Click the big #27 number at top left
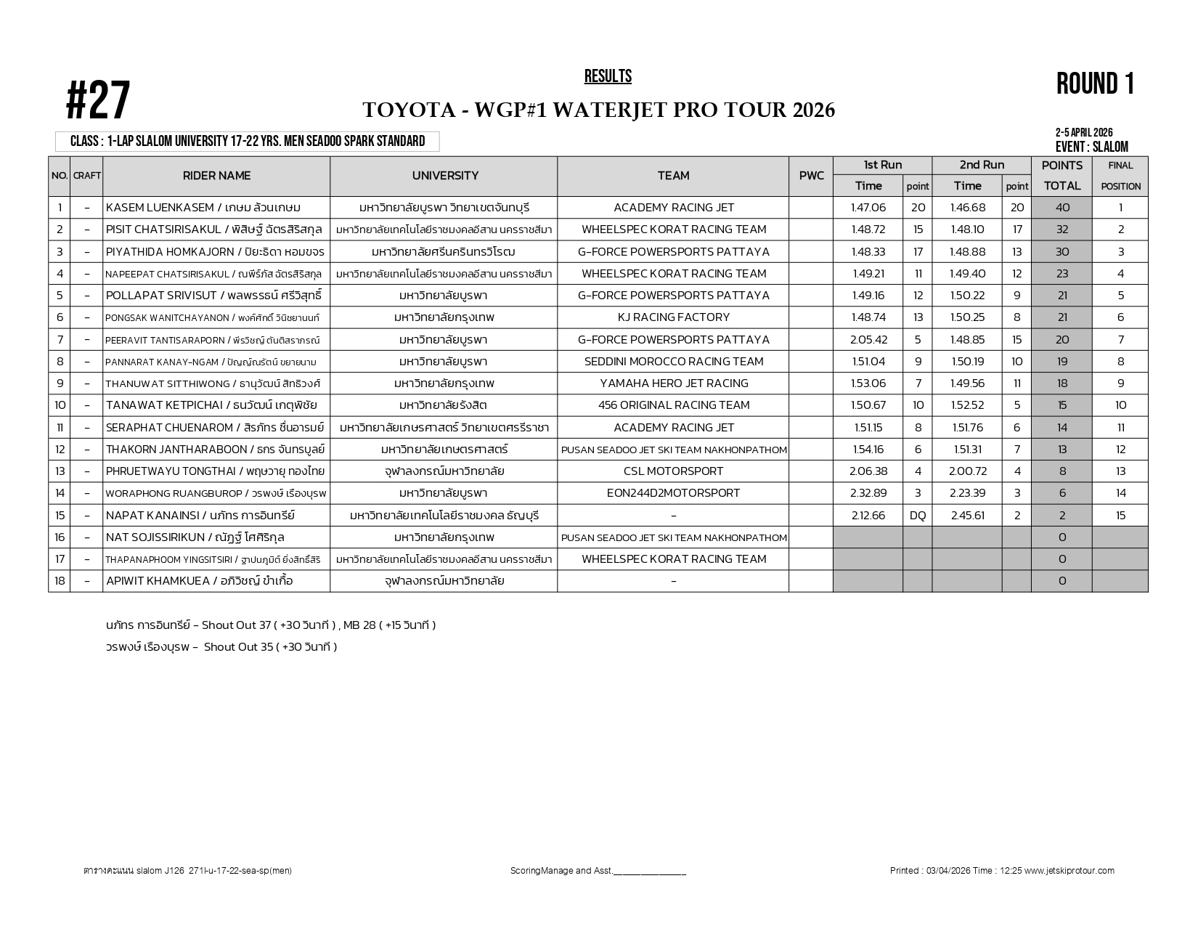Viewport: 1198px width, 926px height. tap(98, 102)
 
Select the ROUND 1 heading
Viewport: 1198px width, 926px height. tap(1095, 84)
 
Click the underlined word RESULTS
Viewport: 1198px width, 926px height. tap(608, 77)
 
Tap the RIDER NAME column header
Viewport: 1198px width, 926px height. tap(216, 176)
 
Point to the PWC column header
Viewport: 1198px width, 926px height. tap(811, 176)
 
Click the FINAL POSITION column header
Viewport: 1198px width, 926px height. tap(1120, 176)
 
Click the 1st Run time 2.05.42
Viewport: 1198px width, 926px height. tap(868, 340)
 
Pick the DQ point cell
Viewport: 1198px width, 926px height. tap(918, 516)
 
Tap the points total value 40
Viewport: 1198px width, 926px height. tap(1062, 208)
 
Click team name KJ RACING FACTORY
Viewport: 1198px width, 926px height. tap(673, 317)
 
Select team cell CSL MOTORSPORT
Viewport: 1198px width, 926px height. tap(673, 471)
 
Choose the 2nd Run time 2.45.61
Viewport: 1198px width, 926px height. tap(968, 516)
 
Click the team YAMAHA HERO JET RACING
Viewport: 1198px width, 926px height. tap(673, 383)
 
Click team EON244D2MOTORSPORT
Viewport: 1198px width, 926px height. tap(673, 493)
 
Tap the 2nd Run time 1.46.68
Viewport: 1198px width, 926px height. tap(968, 208)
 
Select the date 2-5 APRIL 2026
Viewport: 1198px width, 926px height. tap(1084, 133)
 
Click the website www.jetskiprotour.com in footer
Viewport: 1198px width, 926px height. tap(1069, 871)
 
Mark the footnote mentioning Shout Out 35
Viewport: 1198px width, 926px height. tap(221, 647)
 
